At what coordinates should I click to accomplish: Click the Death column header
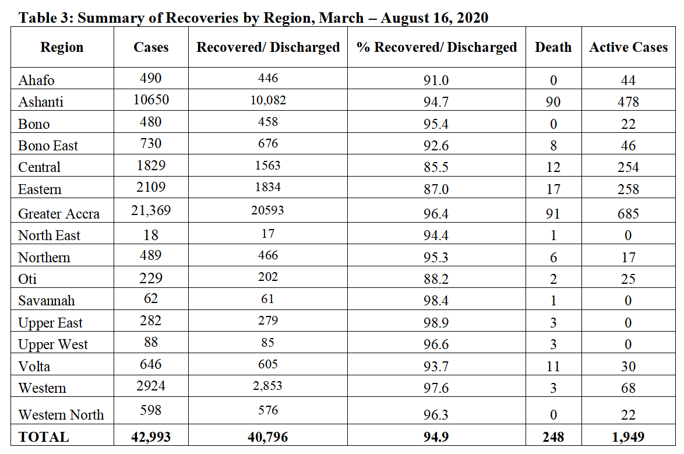pos(553,47)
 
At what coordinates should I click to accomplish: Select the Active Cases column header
pos(628,47)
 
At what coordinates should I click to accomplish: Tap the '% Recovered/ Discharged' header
pos(436,47)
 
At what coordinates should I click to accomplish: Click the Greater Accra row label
pos(59,213)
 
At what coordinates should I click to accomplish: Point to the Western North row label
pos(61,414)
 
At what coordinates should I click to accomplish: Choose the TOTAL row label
pos(44,437)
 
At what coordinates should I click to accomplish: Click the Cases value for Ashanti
pos(151,100)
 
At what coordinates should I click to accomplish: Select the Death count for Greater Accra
pos(553,213)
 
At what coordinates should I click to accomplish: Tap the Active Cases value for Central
pos(628,167)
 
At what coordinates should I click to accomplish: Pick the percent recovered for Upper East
pos(436,323)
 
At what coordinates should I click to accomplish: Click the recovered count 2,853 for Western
pos(267,385)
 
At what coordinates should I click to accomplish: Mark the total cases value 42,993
pos(151,437)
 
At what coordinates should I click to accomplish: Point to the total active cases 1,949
pos(628,437)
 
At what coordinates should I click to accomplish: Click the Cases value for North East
pos(151,235)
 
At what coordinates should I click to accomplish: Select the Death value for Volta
pos(553,366)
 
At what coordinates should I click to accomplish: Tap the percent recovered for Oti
pos(436,279)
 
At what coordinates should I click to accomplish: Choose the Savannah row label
pos(47,300)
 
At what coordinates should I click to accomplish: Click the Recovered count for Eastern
pos(268,187)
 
